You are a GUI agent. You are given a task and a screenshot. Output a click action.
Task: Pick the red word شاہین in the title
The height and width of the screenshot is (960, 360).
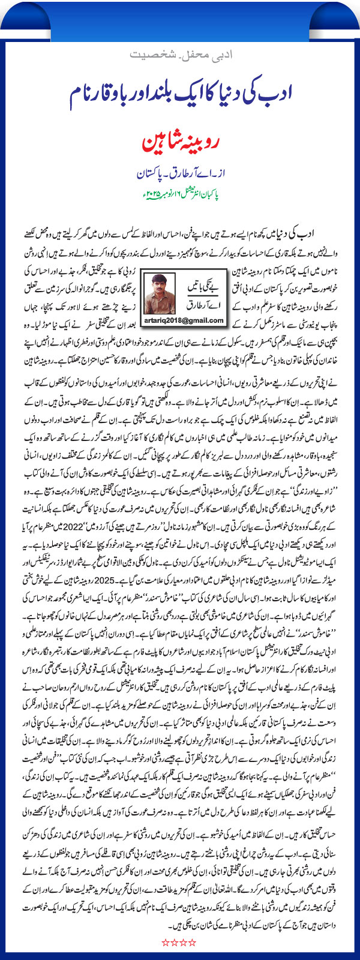click(x=158, y=145)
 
